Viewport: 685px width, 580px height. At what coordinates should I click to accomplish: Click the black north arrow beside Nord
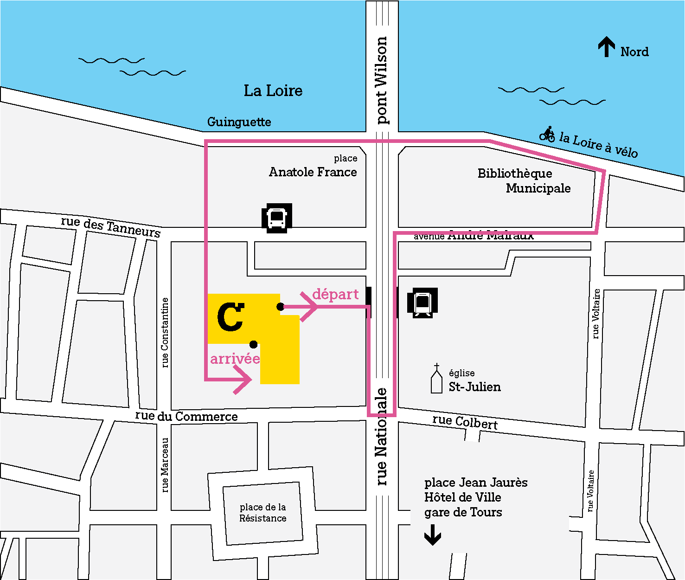point(606,47)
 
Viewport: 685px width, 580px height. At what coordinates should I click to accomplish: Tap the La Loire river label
point(273,90)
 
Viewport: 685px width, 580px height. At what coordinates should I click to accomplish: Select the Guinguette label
point(239,122)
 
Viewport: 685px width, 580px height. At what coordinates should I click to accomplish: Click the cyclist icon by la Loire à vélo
point(548,134)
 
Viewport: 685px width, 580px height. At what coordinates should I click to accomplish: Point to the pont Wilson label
point(381,80)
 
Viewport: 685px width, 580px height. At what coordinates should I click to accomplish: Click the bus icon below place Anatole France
point(277,218)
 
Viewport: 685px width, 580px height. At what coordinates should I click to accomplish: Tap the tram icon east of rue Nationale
point(423,303)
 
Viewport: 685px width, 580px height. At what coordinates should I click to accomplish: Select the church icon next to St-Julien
point(436,379)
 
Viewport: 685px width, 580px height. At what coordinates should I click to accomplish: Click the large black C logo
point(230,317)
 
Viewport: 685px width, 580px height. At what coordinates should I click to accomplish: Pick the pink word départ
point(335,295)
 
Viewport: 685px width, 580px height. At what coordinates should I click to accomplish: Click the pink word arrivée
point(235,359)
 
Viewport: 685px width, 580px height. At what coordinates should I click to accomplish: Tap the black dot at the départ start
point(281,307)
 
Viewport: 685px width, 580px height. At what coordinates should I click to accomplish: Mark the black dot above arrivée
point(254,344)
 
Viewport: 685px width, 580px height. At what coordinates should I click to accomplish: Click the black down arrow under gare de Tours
point(433,535)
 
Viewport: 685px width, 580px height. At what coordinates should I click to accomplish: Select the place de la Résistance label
point(263,513)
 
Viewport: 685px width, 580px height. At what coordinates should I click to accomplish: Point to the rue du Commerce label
point(186,416)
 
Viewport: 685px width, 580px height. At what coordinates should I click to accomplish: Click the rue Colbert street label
point(465,422)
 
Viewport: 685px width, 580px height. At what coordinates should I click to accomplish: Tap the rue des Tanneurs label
point(111,226)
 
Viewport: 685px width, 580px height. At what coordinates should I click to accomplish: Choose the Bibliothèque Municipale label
point(524,180)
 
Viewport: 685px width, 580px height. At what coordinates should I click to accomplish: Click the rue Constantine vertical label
point(165,332)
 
